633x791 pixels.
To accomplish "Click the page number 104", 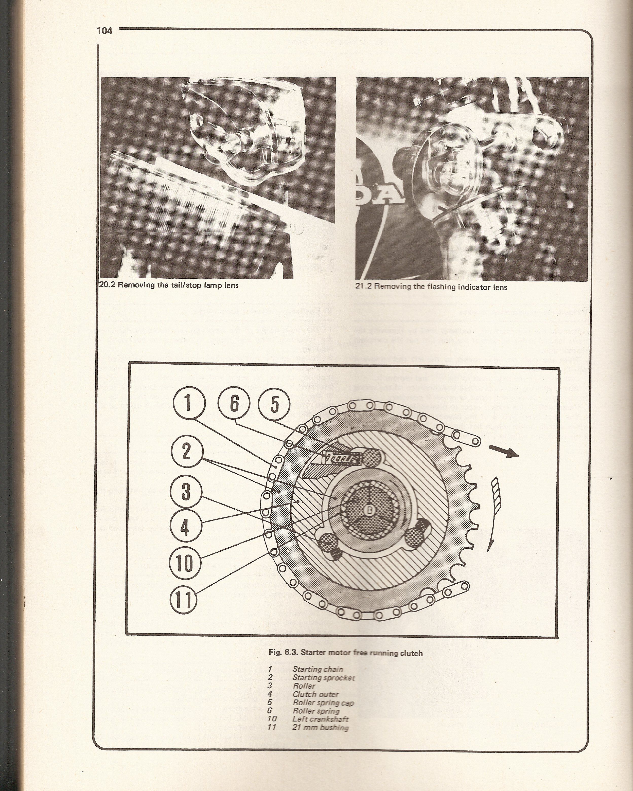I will pyautogui.click(x=104, y=31).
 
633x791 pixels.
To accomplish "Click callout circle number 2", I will pyautogui.click(x=186, y=451).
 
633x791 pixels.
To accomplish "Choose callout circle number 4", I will pyautogui.click(x=185, y=528).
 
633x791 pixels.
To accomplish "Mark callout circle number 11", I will pyautogui.click(x=183, y=600).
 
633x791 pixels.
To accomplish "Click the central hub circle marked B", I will pyautogui.click(x=368, y=510).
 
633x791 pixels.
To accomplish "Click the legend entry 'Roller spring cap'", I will pyautogui.click(x=323, y=703).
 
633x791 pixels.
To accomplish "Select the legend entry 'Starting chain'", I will pyautogui.click(x=318, y=670).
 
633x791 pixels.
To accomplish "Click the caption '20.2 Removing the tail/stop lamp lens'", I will pyautogui.click(x=169, y=285).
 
